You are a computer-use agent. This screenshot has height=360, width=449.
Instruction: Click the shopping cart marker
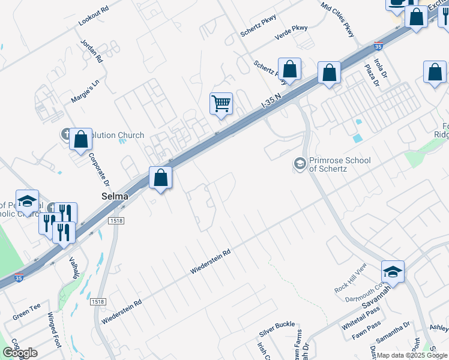click(x=221, y=103)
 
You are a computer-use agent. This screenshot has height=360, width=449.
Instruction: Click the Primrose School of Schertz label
click(x=339, y=164)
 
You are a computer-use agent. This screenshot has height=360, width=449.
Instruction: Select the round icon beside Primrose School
click(x=299, y=163)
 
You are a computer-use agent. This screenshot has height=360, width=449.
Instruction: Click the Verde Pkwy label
click(x=291, y=32)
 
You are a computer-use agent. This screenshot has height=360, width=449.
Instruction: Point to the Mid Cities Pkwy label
click(x=338, y=19)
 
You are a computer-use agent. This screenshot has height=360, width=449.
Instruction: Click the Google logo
click(x=20, y=353)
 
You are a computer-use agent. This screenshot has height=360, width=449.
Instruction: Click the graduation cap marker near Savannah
click(x=393, y=271)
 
